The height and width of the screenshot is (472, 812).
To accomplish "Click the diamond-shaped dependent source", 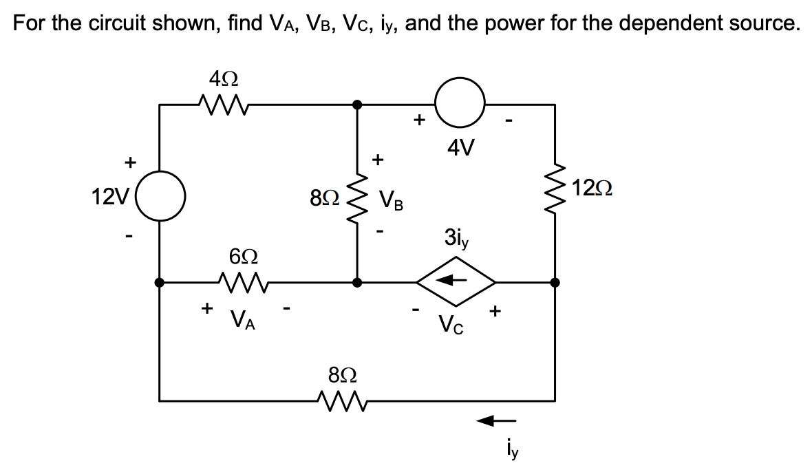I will (x=456, y=281).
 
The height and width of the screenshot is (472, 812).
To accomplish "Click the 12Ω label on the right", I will (x=593, y=187).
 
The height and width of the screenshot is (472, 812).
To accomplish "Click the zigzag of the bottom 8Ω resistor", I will (x=342, y=399).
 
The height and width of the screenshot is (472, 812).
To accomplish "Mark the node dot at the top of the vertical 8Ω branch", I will (x=356, y=105).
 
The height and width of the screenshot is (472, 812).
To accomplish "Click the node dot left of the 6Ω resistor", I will (x=160, y=281).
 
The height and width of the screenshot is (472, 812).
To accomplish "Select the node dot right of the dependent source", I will (x=555, y=281).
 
